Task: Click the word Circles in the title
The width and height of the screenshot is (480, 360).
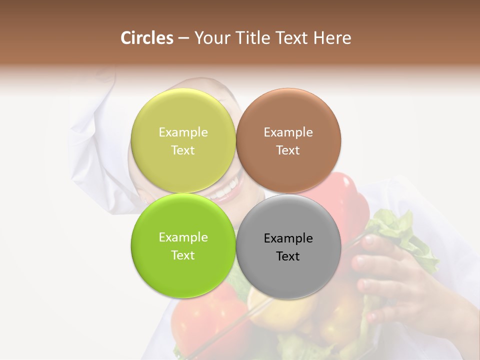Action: [146, 38]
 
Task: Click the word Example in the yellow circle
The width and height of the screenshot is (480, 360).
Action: [183, 132]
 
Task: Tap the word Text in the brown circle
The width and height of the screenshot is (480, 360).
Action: [288, 150]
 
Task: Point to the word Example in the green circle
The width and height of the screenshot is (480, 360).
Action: [183, 237]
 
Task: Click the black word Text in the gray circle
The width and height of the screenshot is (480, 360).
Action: [288, 256]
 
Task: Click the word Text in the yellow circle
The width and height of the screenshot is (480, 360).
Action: [183, 150]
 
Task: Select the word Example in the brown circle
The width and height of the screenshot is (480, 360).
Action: [288, 132]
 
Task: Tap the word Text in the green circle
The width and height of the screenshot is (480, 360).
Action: [183, 255]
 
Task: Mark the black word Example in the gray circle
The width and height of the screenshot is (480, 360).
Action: [288, 238]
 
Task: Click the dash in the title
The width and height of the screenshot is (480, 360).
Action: [183, 38]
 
